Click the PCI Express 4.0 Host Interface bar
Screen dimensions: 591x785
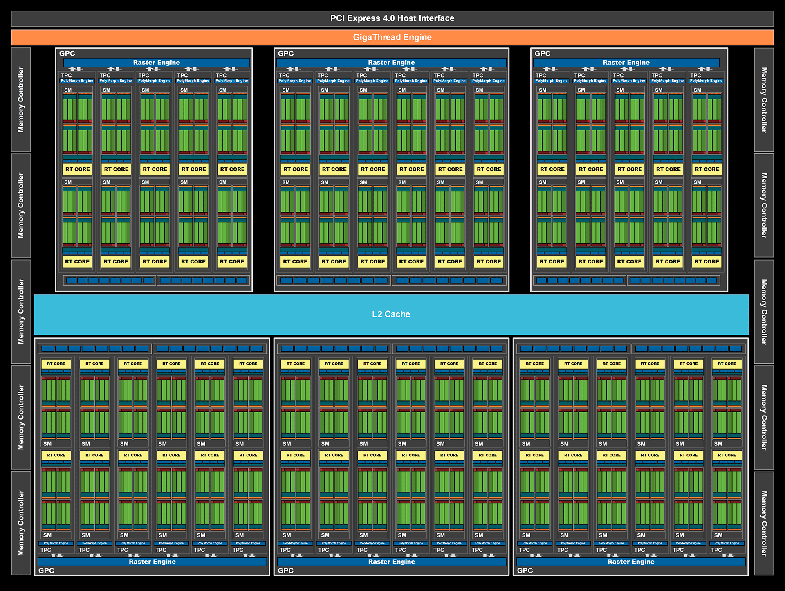(392, 18)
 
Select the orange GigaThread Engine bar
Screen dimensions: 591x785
(392, 37)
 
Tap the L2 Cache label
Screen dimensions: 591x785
(391, 314)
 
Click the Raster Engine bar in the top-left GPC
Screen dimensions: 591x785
(157, 63)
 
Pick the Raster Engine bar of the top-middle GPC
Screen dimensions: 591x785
(391, 63)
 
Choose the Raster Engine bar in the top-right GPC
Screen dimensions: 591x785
(626, 63)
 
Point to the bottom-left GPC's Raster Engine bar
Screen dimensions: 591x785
(152, 562)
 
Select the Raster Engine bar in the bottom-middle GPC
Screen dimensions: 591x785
(391, 562)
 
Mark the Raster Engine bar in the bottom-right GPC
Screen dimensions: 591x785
(631, 562)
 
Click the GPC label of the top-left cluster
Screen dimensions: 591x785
(67, 54)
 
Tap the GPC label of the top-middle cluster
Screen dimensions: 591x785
(286, 54)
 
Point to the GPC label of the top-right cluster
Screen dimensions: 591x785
(543, 54)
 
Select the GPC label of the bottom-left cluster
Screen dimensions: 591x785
(46, 571)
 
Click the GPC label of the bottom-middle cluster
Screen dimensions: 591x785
(285, 571)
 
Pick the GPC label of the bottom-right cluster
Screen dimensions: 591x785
(525, 571)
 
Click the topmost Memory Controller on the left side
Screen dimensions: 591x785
(21, 100)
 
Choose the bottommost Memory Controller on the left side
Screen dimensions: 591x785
(21, 523)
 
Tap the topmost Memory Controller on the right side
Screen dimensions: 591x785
(764, 100)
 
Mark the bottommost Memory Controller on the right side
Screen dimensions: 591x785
(764, 523)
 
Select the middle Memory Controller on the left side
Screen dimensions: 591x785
(21, 311)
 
